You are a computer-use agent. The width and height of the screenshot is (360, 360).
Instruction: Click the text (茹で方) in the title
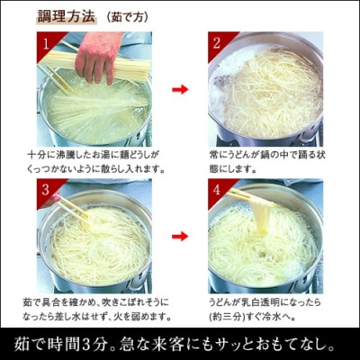point(125,15)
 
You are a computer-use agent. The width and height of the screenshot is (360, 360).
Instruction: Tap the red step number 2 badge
point(216,43)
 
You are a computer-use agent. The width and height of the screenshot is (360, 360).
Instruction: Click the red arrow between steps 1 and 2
point(180,89)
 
